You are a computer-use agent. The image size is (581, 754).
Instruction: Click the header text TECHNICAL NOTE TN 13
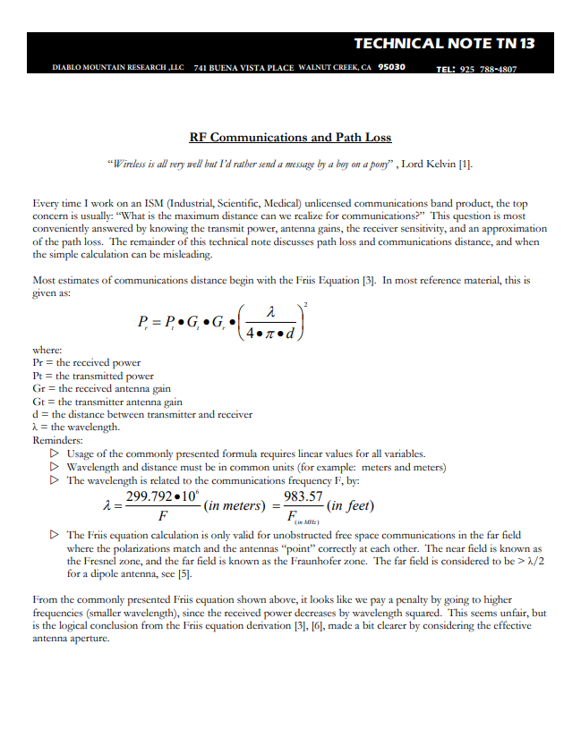pyautogui.click(x=444, y=44)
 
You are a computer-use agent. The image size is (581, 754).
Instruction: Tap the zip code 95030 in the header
pyautogui.click(x=391, y=67)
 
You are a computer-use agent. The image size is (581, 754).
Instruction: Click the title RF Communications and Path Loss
pyautogui.click(x=290, y=138)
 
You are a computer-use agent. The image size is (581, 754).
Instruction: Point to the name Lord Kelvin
pyautogui.click(x=429, y=164)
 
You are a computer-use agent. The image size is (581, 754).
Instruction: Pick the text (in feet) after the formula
pyautogui.click(x=349, y=506)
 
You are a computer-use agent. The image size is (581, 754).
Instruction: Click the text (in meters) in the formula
pyautogui.click(x=231, y=506)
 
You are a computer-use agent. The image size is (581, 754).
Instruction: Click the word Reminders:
pyautogui.click(x=57, y=440)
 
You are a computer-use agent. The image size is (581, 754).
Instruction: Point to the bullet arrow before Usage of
pyautogui.click(x=56, y=453)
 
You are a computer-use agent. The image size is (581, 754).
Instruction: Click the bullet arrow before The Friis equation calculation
pyautogui.click(x=56, y=534)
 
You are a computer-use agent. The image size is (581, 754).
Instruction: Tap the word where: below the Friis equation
pyautogui.click(x=47, y=350)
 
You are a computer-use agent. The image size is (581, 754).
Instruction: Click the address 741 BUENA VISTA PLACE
pyautogui.click(x=244, y=68)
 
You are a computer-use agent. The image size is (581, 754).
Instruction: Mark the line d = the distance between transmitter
pyautogui.click(x=141, y=414)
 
